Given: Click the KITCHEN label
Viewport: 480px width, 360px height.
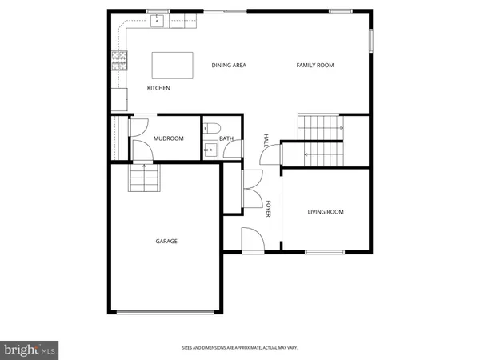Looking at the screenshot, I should tap(158, 88).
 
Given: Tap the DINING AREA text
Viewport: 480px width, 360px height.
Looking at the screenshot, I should tap(228, 65).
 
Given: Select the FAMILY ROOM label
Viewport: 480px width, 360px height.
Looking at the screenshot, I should tap(315, 65).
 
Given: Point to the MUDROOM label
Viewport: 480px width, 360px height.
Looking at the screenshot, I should tap(169, 138).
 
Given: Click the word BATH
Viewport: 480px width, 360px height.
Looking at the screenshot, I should tap(226, 138).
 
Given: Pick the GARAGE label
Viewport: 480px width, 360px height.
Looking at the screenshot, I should tap(166, 241).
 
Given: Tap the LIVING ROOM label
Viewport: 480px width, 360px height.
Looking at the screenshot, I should tap(326, 212).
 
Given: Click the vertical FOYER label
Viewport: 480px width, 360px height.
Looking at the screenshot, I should tap(269, 209).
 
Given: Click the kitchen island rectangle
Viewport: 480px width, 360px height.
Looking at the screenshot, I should tap(173, 64).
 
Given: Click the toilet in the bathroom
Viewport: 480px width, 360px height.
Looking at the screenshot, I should tap(211, 128).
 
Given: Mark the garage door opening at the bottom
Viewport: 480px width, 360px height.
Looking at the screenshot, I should tap(166, 312).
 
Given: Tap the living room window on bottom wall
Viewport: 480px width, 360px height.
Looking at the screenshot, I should tap(325, 253).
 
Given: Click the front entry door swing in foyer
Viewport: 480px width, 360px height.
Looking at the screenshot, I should tap(250, 238).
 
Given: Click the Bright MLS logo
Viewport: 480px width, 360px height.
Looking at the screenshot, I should tap(30, 349).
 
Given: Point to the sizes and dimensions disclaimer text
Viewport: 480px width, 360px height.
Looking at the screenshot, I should tap(240, 348).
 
